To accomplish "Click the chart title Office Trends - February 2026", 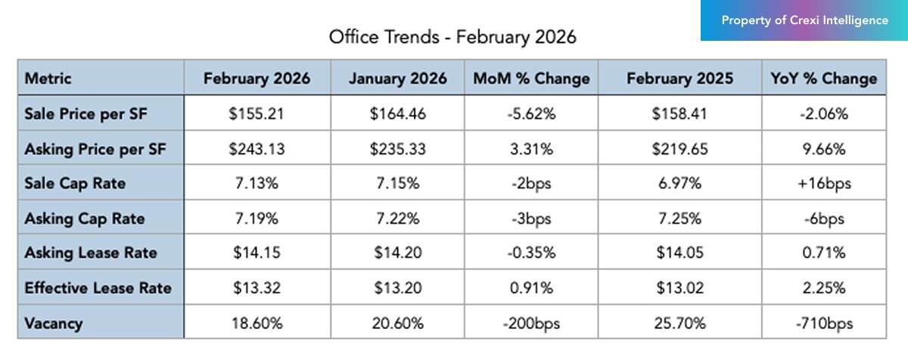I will tap(452, 37).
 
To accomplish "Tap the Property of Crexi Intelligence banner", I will tap(804, 20).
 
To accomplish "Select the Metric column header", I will tap(48, 79).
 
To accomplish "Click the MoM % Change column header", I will tap(531, 79).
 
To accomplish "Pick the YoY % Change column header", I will tap(823, 79).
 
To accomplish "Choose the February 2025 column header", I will tap(679, 79).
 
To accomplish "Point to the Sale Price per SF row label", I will tap(86, 114).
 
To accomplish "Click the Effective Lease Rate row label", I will tap(98, 288).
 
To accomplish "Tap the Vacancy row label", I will tap(54, 324).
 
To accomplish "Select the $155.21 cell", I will tap(257, 114).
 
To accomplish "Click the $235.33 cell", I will tap(397, 149).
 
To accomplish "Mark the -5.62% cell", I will tap(531, 114).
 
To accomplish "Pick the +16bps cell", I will tap(823, 184).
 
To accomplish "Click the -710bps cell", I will tap(823, 324).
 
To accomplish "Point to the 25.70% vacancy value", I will tap(679, 324).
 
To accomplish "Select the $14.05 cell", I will tap(679, 253).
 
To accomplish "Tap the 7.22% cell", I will tap(397, 219).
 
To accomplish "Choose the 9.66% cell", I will tap(823, 149).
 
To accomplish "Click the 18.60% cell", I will tap(257, 324).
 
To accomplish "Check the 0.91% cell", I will tap(531, 288).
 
